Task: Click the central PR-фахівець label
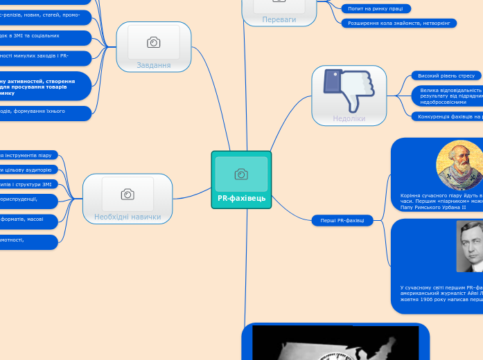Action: coord(241,198)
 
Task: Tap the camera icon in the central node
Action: coord(241,174)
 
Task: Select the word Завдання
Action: coord(154,65)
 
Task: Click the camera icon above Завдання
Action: coord(154,42)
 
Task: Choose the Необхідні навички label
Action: coord(128,217)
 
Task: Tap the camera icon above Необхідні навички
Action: coord(128,194)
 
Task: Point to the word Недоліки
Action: coord(349,118)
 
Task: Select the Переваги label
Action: coord(279,19)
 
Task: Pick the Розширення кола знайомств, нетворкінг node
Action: coord(398,23)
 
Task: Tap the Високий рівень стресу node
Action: coord(446,75)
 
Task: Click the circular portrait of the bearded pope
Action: coord(459,165)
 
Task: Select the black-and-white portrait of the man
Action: coord(469,246)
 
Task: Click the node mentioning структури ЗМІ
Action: coord(28,184)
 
